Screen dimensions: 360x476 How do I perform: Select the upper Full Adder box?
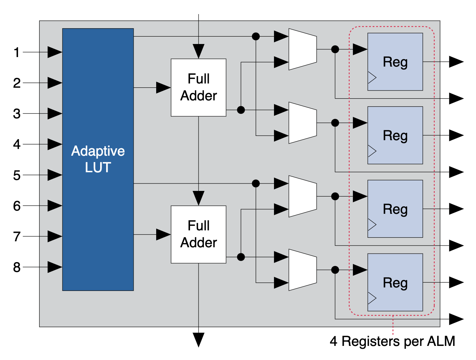click(x=199, y=87)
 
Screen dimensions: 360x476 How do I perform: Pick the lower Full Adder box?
click(x=199, y=234)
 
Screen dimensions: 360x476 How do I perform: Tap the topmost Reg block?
click(x=395, y=62)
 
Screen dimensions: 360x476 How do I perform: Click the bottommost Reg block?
click(x=395, y=283)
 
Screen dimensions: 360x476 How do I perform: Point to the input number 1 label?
click(x=17, y=52)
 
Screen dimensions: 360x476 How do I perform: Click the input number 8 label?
click(x=17, y=267)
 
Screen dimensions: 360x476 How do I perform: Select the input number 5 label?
click(x=17, y=175)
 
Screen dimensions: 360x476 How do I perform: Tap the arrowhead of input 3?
click(x=55, y=114)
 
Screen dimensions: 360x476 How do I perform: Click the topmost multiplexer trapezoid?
click(x=303, y=49)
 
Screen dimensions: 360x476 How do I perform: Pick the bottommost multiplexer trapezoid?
click(x=303, y=270)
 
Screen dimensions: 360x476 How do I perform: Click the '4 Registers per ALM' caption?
click(x=392, y=341)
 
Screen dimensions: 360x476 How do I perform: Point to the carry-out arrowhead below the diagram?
click(x=199, y=340)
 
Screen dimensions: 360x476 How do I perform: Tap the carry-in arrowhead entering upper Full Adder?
click(x=199, y=51)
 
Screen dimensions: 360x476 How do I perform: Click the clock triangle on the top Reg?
click(x=372, y=77)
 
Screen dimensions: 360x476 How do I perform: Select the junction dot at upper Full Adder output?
click(x=241, y=110)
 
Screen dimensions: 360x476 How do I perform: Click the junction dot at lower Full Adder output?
click(x=241, y=257)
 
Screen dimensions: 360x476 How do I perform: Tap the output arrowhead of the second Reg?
click(x=456, y=135)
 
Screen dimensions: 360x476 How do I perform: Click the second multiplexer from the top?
click(x=303, y=123)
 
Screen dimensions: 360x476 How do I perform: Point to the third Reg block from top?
click(x=395, y=209)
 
